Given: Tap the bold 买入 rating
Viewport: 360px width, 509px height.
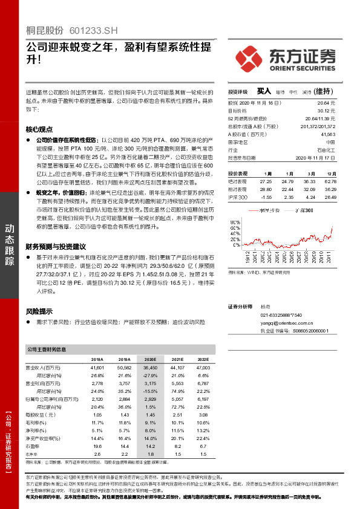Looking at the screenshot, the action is coord(264,92).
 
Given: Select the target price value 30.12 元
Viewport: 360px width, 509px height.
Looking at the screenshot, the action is coord(327,111).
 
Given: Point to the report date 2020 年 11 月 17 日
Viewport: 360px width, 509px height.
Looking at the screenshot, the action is coord(316,157).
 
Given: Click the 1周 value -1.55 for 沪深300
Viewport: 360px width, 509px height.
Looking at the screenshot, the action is coord(265,197).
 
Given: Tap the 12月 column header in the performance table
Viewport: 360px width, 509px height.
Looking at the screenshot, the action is coord(330,172).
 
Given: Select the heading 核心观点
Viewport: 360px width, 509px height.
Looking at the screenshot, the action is coord(39,129).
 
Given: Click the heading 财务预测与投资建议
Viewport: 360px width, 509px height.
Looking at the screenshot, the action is coord(56,247).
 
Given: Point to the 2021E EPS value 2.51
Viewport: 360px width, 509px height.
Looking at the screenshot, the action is coord(177,415).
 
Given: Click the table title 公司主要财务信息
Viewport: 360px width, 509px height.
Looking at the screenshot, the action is coord(47,349).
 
